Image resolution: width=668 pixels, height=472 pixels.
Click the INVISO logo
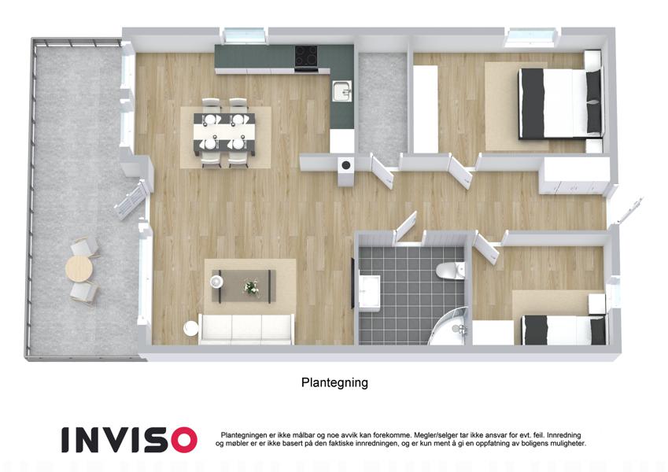129,440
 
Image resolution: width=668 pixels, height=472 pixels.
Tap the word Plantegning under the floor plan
334,382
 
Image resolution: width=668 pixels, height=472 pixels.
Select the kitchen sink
342,90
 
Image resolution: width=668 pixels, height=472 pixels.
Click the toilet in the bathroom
450,271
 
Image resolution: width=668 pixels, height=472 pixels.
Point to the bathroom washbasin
369,292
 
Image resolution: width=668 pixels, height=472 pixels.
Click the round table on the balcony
79,269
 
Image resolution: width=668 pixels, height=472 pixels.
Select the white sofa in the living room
246,329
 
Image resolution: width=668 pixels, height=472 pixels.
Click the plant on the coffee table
251,287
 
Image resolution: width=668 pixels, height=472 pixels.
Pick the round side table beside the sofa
191,329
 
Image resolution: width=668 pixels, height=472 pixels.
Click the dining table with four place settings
225,132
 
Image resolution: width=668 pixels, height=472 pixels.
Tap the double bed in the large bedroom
559,104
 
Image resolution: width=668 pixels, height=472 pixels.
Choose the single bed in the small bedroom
563,330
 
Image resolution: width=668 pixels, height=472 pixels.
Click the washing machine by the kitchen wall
346,171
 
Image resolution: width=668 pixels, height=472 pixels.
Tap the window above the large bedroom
533,37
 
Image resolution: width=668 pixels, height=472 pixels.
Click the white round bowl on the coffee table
217,281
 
